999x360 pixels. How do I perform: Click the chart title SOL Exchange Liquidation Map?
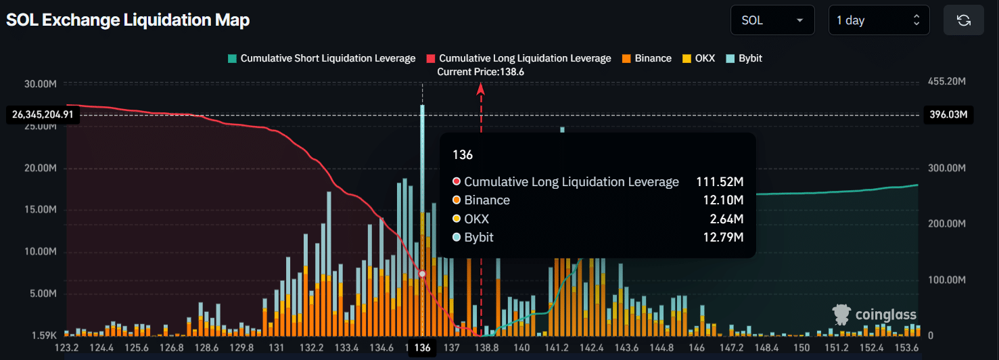click(128, 20)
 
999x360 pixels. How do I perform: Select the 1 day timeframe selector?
click(879, 20)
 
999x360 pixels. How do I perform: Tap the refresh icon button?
click(964, 20)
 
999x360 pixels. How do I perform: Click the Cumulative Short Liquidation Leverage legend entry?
click(322, 58)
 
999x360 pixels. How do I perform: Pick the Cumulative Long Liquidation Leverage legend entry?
click(518, 58)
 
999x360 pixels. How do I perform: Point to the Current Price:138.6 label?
click(481, 72)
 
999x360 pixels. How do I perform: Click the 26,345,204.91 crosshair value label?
click(42, 114)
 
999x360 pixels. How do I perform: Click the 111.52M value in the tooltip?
click(720, 182)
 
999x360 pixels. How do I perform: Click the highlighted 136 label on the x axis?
click(423, 348)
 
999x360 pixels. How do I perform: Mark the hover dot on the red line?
click(423, 273)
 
